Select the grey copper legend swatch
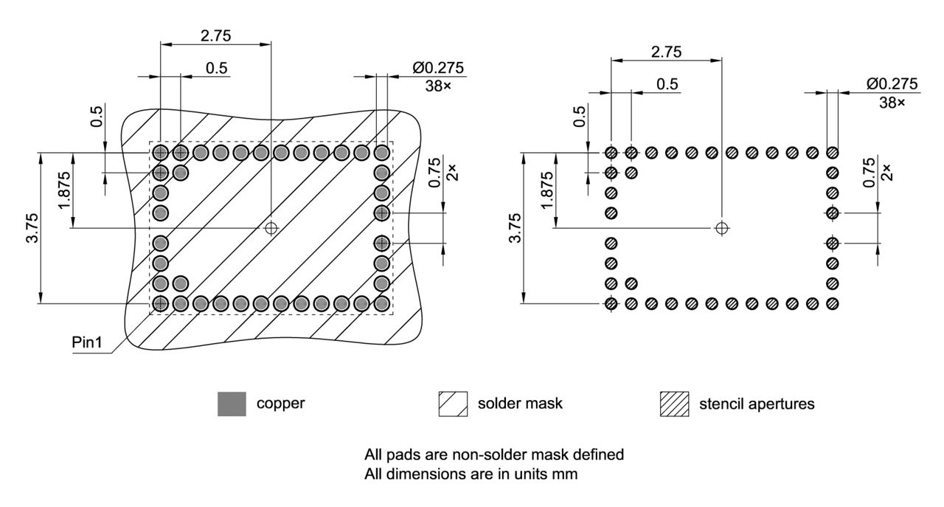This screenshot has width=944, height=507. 232,404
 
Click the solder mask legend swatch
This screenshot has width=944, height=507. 453,404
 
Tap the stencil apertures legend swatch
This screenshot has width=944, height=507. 674,404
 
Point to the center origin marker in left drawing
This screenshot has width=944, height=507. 271,228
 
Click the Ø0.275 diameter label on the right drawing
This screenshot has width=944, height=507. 892,84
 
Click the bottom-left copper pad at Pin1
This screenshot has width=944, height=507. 160,303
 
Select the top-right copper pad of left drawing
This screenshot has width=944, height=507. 381,153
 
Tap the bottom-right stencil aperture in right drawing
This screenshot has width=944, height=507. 833,303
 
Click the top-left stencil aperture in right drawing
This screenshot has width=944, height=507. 611,153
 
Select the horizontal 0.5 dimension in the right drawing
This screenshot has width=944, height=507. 667,84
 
